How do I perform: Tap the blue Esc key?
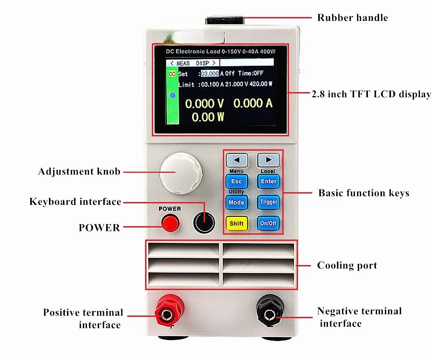[237, 181]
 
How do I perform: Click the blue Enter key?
[269, 181]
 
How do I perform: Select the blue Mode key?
[237, 202]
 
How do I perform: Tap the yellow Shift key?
[237, 223]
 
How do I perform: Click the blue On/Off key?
[268, 223]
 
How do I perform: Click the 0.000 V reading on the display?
[204, 104]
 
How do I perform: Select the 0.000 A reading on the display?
[253, 103]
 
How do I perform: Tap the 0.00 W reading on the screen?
[208, 117]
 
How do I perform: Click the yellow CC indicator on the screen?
[172, 74]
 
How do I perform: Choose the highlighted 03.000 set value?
[210, 73]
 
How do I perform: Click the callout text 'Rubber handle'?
[352, 18]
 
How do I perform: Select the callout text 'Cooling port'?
[347, 266]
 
